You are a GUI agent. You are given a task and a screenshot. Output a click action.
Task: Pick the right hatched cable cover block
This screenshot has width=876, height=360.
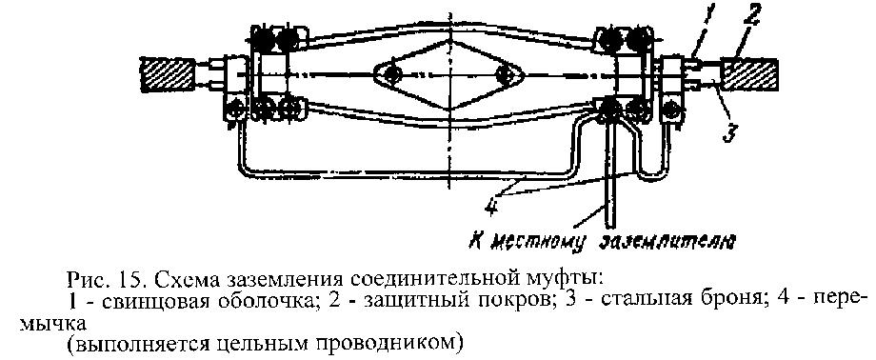coord(749,73)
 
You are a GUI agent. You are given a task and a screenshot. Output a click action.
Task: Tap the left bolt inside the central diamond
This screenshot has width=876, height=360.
coord(390,73)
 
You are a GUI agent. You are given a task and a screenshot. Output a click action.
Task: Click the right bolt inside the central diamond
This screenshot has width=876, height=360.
coord(505,73)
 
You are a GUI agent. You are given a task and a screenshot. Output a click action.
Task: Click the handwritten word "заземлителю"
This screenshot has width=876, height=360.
coord(666,242)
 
